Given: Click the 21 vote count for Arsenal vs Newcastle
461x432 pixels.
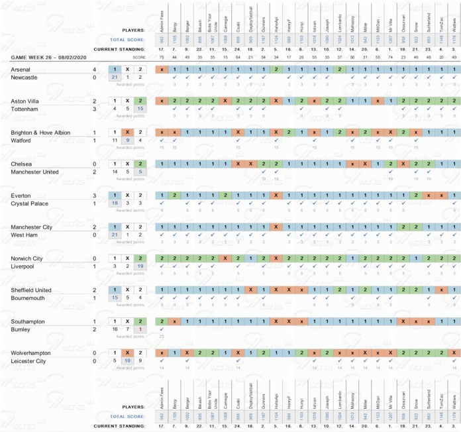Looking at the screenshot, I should pos(115,78).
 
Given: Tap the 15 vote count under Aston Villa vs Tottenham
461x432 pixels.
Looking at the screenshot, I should pos(140,109).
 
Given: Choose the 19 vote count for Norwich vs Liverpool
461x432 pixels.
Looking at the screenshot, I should pos(140,266).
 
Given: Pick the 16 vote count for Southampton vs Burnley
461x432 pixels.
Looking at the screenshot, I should pos(115,329).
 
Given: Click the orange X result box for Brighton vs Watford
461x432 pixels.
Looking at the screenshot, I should pos(128,132).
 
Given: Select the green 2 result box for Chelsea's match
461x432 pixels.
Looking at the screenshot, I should pos(140,164).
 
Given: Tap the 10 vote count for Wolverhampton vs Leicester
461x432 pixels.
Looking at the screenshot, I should pos(128,360).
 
